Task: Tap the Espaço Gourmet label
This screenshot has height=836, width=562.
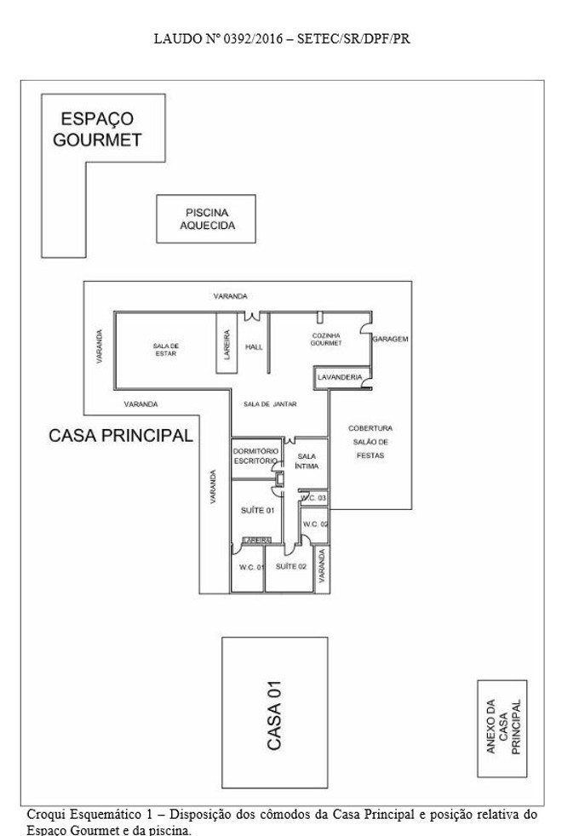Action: click(x=97, y=129)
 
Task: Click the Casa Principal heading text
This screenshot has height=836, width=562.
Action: click(x=121, y=435)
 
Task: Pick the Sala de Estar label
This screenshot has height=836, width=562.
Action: click(x=166, y=350)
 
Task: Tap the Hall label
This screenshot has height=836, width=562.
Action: click(x=254, y=347)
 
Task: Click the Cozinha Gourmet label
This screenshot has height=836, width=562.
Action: click(x=326, y=339)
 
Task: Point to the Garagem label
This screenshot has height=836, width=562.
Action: click(x=390, y=339)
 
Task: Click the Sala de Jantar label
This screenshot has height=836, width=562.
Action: click(x=270, y=404)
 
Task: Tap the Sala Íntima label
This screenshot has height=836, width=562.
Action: click(x=307, y=461)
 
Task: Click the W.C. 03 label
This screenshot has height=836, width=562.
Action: click(x=313, y=498)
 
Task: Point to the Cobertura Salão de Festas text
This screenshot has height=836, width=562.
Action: click(x=370, y=442)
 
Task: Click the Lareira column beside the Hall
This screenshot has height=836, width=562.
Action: click(x=227, y=343)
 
